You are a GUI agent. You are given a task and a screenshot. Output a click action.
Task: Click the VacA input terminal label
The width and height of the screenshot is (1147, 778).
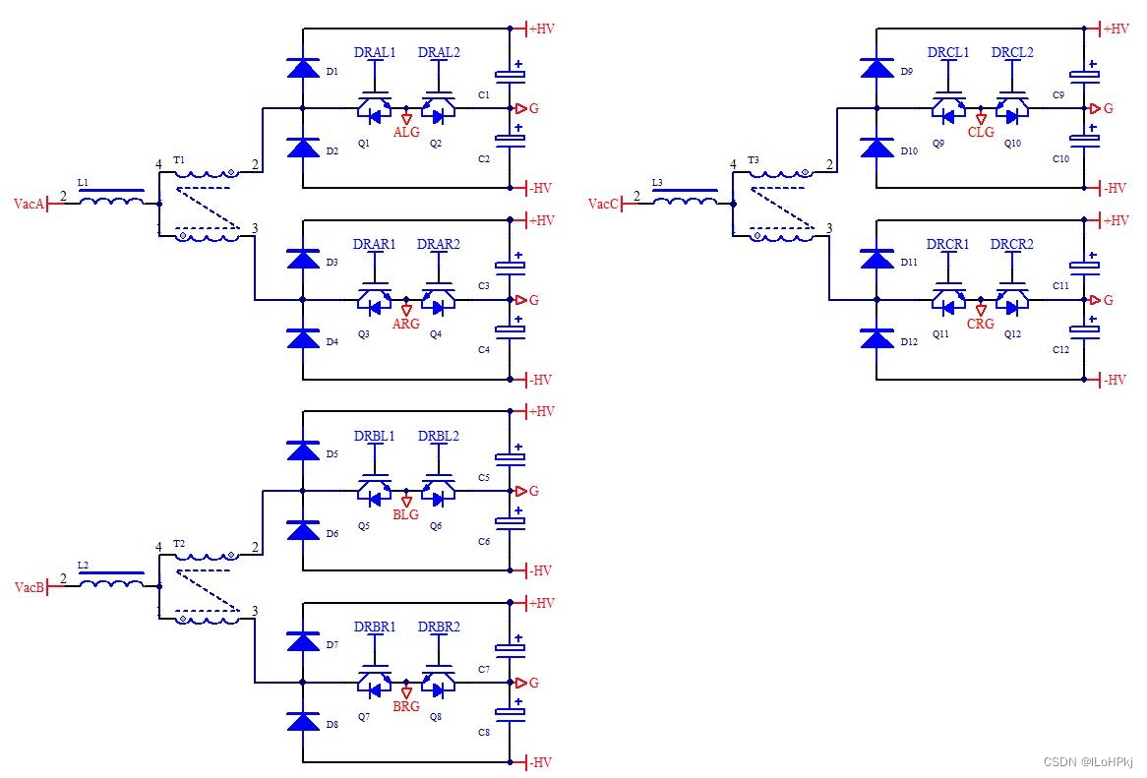click(30, 204)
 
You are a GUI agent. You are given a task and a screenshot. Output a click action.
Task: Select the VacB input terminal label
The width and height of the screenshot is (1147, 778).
click(30, 587)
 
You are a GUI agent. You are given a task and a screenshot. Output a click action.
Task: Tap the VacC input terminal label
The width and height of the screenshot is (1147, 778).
click(603, 204)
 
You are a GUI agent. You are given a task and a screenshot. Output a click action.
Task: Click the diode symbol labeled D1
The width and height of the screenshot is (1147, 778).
click(303, 68)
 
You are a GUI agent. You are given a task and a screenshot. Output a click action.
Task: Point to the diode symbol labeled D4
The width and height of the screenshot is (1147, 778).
click(303, 338)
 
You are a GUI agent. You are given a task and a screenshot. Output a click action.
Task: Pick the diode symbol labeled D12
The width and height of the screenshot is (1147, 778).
click(877, 338)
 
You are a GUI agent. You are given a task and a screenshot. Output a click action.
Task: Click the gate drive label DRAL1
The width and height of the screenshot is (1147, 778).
click(375, 52)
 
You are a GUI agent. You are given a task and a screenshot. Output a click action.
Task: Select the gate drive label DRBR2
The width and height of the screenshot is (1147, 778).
click(439, 627)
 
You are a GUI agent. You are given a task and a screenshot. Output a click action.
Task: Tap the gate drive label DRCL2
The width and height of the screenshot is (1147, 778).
click(1012, 52)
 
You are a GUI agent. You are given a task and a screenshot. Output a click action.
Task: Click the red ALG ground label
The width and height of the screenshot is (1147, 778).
click(406, 133)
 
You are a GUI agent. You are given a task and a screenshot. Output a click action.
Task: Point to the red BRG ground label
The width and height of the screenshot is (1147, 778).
click(406, 706)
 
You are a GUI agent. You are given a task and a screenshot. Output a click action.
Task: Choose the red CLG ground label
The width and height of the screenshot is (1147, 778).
click(981, 133)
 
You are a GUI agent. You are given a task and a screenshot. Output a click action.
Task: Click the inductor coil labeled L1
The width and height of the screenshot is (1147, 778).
click(111, 198)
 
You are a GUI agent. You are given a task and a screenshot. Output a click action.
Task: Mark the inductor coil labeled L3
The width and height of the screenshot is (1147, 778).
click(686, 198)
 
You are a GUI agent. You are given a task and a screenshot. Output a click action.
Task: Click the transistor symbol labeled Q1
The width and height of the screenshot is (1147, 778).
click(374, 108)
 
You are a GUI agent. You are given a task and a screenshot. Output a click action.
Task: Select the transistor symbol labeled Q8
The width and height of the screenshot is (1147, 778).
click(438, 683)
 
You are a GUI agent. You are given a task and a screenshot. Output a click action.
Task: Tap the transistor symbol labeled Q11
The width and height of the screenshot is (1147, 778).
click(948, 300)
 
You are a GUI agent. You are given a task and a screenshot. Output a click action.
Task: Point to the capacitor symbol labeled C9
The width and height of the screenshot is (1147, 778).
click(1084, 73)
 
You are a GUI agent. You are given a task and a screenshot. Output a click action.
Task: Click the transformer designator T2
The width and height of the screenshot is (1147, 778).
click(179, 543)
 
